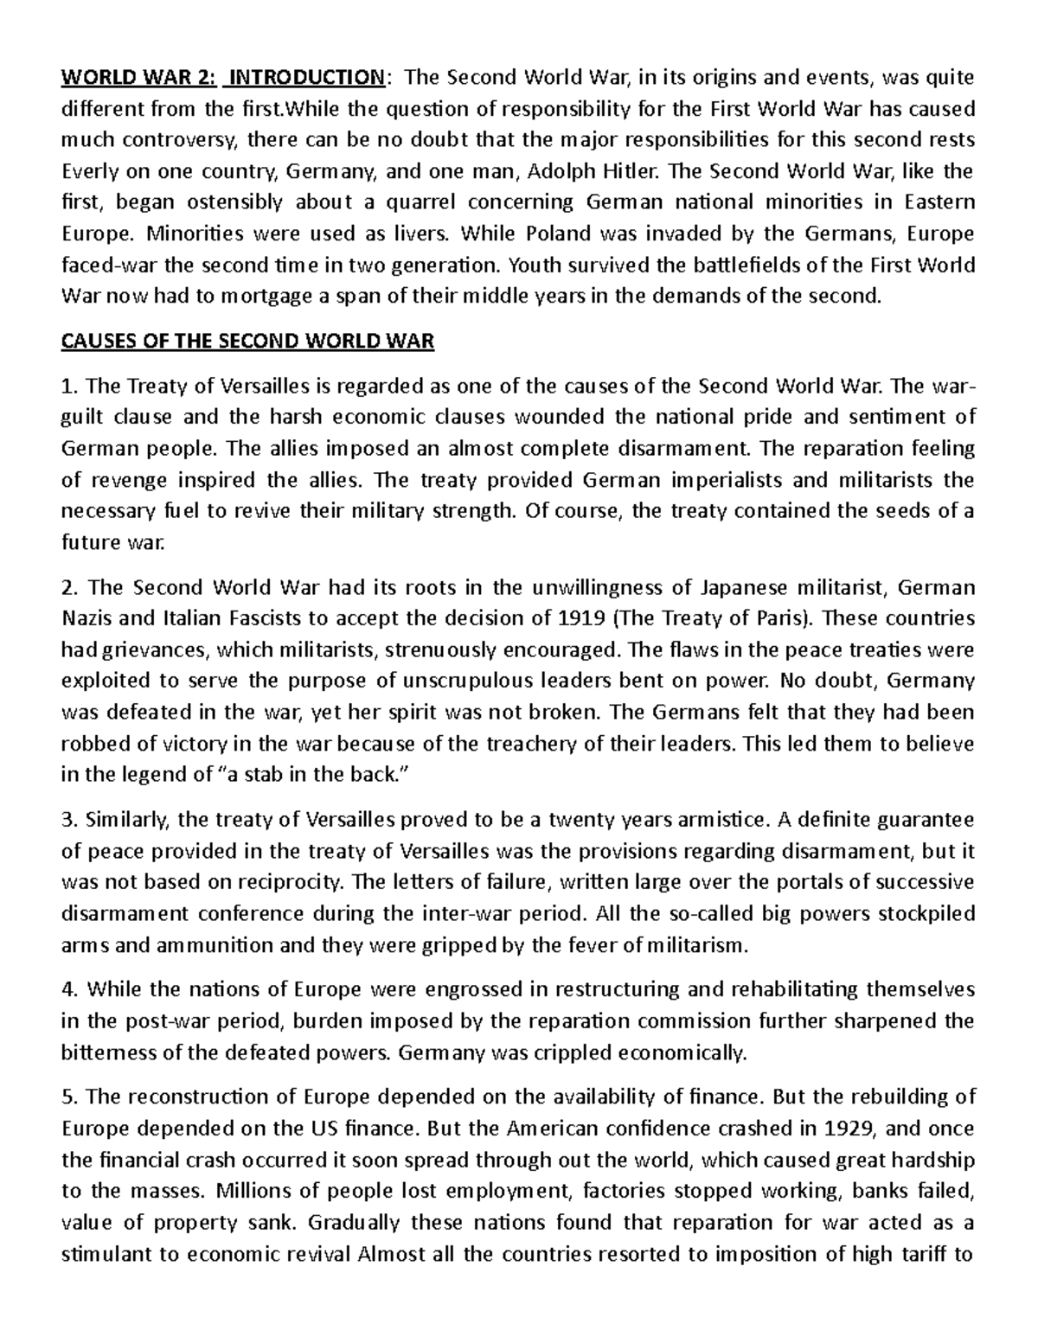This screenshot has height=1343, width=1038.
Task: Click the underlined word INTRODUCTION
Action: pyautogui.click(x=303, y=78)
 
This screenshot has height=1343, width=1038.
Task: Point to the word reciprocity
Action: pyautogui.click(x=297, y=882)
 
